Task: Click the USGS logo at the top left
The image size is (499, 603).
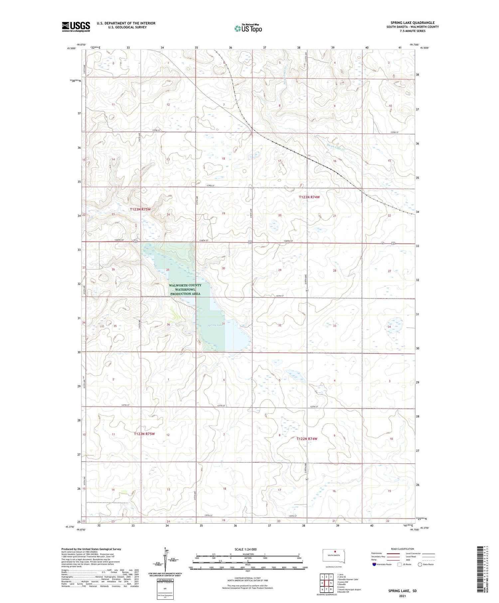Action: pos(76,27)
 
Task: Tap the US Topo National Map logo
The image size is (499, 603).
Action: pos(248,28)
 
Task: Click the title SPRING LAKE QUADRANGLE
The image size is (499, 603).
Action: pos(413,23)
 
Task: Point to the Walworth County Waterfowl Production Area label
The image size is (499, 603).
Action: pos(185,289)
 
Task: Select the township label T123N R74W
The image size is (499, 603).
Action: pos(309,197)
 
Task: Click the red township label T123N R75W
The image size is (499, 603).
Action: pos(140,209)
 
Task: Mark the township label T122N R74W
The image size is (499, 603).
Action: pos(307,439)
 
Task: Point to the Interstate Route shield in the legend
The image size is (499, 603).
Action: pos(374,564)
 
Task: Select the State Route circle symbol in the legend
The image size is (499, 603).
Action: pos(420,564)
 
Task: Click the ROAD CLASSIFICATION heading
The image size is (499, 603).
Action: pos(402,549)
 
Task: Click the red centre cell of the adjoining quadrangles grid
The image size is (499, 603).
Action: pos(326,583)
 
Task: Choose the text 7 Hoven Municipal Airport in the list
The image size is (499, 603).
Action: pos(349,589)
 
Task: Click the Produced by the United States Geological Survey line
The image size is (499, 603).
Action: pos(91,549)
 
